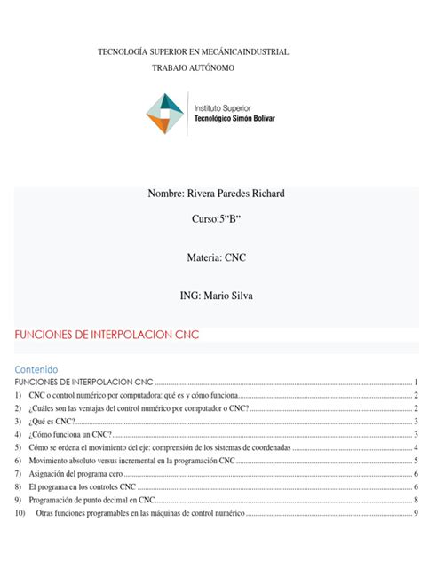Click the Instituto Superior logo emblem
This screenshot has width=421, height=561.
(x=165, y=112)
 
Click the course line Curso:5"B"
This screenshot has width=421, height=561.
(x=210, y=219)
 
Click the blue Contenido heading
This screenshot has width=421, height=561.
(x=36, y=367)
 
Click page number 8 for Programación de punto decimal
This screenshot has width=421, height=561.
(x=415, y=502)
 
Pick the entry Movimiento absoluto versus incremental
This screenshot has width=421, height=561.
(x=131, y=462)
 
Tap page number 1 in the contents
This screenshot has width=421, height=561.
(x=415, y=381)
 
